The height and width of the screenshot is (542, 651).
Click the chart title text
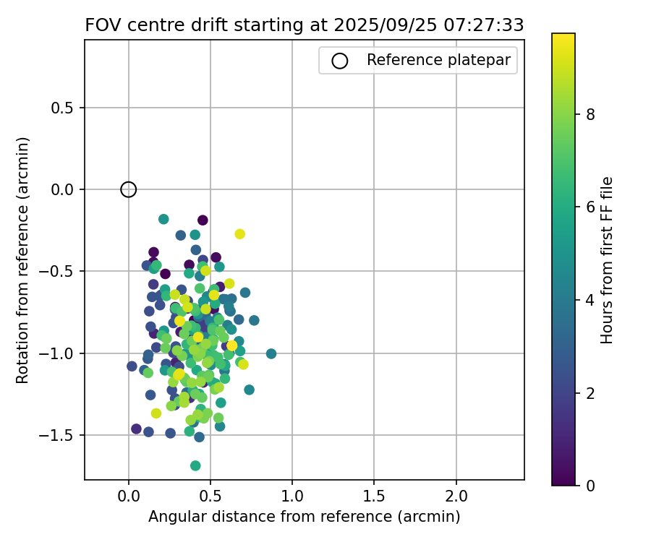coord(304,25)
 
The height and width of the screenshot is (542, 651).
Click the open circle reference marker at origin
coord(128,189)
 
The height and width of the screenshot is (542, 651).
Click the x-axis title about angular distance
coord(304,517)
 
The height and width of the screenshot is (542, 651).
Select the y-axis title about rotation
coord(23,260)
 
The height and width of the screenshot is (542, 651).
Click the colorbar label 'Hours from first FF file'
coord(608,260)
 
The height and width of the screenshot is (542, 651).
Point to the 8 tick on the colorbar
coord(590,113)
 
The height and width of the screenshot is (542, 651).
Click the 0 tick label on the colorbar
coord(590,485)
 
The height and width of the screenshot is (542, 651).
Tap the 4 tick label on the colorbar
coord(590,299)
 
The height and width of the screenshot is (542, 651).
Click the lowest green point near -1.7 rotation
coord(195,465)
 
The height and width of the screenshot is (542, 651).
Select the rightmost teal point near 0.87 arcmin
coord(271,353)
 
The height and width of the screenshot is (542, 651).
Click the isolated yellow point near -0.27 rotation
coord(239,233)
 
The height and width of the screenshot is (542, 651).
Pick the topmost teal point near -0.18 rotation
coord(163,219)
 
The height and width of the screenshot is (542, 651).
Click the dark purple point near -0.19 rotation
coord(203,220)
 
